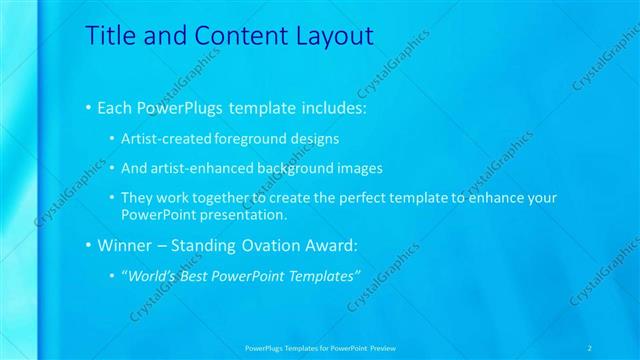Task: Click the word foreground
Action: click(x=259, y=138)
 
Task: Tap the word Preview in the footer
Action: click(x=381, y=347)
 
